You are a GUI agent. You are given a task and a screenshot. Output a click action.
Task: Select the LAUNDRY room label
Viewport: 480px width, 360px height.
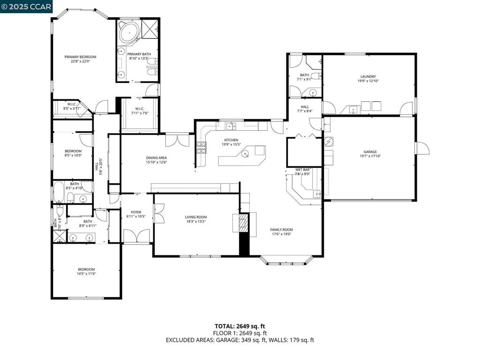(x=368, y=76)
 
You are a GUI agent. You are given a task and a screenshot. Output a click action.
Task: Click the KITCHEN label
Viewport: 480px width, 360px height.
(x=231, y=140)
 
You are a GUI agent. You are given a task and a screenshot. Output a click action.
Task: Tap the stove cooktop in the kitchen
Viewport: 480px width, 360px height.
(x=202, y=148)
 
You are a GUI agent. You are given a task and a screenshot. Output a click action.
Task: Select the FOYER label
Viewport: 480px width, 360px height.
(x=136, y=212)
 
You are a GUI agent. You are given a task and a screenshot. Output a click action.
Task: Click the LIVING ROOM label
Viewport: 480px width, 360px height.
(x=196, y=217)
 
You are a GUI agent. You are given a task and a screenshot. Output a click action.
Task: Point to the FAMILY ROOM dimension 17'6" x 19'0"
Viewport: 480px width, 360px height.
(x=281, y=235)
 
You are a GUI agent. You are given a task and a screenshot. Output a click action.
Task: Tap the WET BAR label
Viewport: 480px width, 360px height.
(x=302, y=169)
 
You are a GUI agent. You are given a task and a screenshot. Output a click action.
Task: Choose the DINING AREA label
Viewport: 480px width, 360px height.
(x=157, y=157)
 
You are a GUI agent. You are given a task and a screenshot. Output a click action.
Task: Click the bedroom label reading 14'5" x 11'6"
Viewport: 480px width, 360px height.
(x=86, y=274)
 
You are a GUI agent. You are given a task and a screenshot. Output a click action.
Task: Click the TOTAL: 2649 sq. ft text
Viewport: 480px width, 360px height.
(x=240, y=326)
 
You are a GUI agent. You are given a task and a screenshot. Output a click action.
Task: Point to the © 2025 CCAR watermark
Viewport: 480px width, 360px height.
(x=26, y=6)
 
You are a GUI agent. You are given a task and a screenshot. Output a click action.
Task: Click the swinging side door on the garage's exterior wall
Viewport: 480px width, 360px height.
(x=422, y=148)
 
